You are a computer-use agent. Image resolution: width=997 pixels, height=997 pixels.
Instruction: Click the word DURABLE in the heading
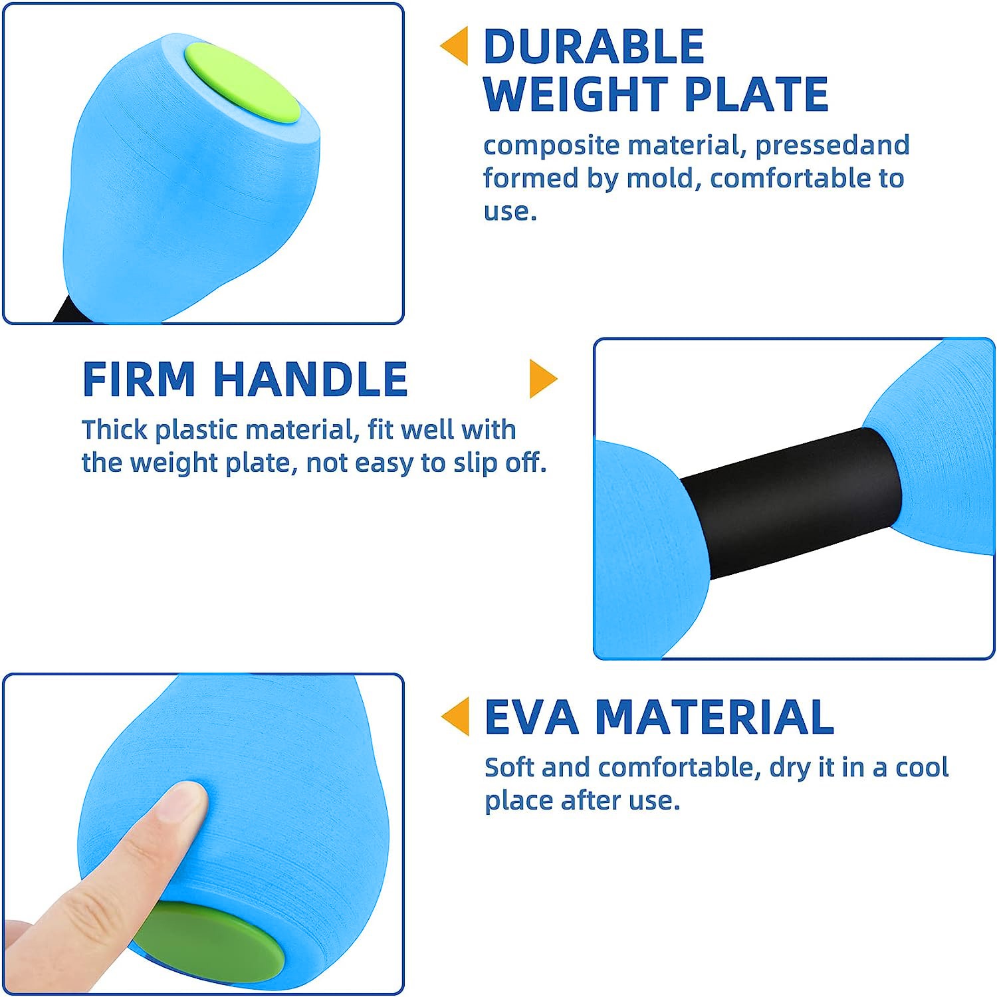pyautogui.click(x=594, y=47)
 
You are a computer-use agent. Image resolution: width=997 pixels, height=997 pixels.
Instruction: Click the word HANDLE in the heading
pyautogui.click(x=310, y=380)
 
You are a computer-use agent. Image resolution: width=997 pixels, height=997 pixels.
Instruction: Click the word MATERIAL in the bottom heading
pyautogui.click(x=715, y=717)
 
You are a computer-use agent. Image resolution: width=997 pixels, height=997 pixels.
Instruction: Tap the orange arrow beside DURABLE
pyautogui.click(x=455, y=46)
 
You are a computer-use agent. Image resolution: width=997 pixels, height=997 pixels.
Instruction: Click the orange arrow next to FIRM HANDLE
pyautogui.click(x=543, y=379)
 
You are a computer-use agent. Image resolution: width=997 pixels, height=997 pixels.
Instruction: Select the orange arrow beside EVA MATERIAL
pyautogui.click(x=455, y=717)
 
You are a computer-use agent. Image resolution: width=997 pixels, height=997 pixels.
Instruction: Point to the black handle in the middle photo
pyautogui.click(x=791, y=502)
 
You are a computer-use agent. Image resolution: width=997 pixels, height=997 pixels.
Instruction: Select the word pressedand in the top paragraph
pyautogui.click(x=832, y=145)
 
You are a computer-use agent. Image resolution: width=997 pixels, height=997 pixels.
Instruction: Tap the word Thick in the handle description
pyautogui.click(x=114, y=429)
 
